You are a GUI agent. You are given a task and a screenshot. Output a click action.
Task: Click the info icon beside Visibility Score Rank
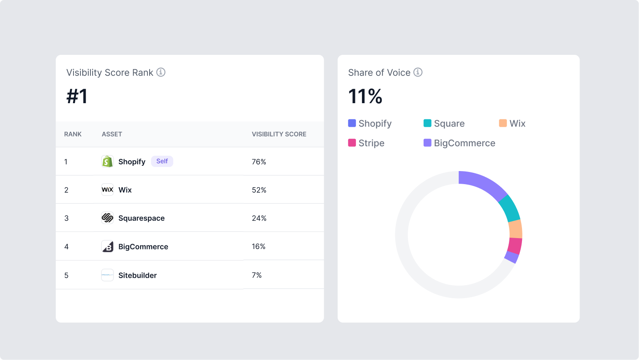(x=161, y=72)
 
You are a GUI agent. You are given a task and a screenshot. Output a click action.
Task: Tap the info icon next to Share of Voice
(x=418, y=72)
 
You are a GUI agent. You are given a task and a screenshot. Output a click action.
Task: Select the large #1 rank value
(x=77, y=96)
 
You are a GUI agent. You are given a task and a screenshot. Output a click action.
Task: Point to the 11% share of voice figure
(x=365, y=96)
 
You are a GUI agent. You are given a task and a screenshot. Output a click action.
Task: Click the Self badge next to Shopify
(x=162, y=161)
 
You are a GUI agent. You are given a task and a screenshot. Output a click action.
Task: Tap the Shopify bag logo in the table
(x=107, y=161)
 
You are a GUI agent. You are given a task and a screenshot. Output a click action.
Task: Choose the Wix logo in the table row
(x=107, y=190)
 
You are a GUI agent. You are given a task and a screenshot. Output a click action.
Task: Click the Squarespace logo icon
(x=107, y=218)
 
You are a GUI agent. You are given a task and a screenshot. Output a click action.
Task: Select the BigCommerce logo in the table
(x=107, y=246)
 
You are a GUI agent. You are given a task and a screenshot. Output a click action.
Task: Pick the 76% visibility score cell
(x=259, y=162)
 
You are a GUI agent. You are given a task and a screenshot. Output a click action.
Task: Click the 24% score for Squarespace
(x=259, y=219)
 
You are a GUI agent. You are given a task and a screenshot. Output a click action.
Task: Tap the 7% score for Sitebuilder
(x=257, y=275)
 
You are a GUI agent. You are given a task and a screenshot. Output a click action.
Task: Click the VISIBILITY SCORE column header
(x=279, y=134)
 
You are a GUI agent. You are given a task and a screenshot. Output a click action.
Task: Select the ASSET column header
(x=112, y=134)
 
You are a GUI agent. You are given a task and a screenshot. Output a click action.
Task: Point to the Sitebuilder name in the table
(x=137, y=275)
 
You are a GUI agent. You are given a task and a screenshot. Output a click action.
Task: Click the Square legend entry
(x=444, y=124)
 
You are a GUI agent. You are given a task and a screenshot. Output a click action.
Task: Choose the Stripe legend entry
(x=366, y=143)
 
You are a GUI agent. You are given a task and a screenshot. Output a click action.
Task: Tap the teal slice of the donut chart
(x=509, y=209)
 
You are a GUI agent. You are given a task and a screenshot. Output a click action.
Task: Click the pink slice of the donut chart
(x=515, y=246)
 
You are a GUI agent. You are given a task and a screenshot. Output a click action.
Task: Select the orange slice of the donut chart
(x=515, y=229)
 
